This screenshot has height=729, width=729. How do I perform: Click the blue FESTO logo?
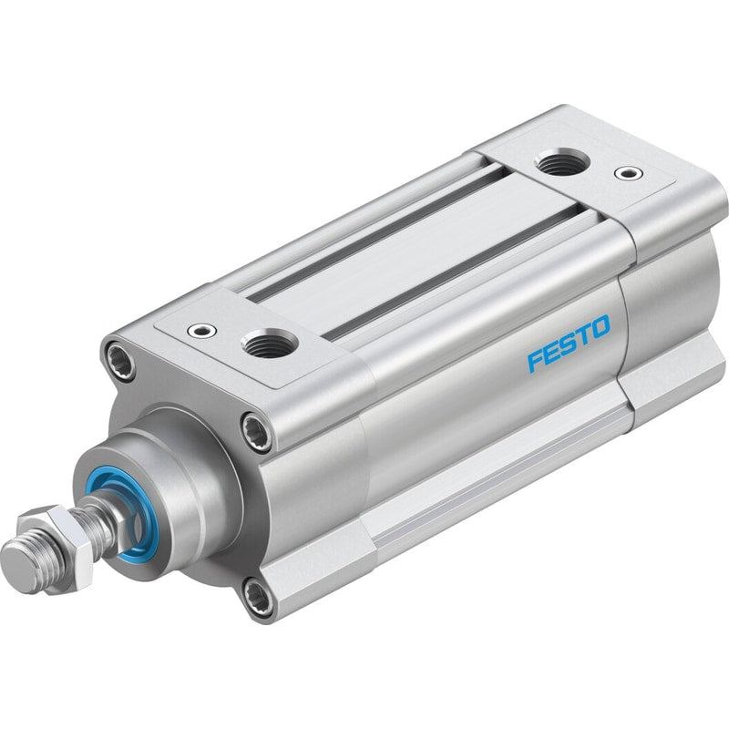[568, 344]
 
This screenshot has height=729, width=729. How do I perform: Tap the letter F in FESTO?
[535, 361]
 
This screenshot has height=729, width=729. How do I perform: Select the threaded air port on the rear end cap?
[562, 163]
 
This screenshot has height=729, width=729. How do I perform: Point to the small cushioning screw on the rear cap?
[629, 173]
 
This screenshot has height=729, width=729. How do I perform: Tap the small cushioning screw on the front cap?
[202, 331]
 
